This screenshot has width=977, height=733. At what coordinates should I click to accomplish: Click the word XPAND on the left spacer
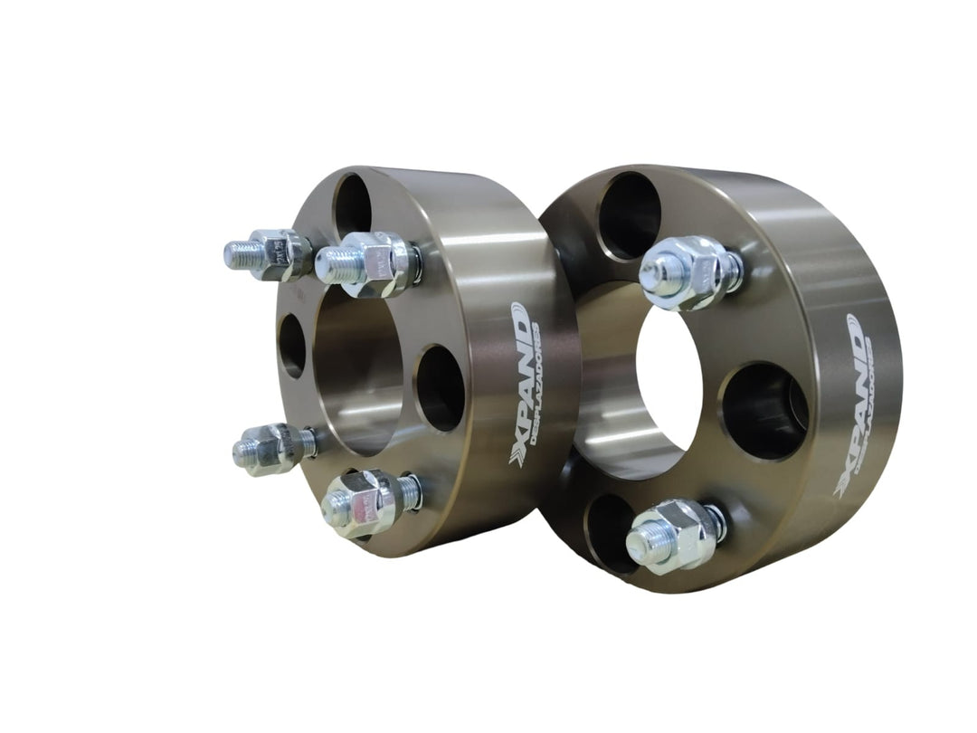[x=520, y=386]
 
